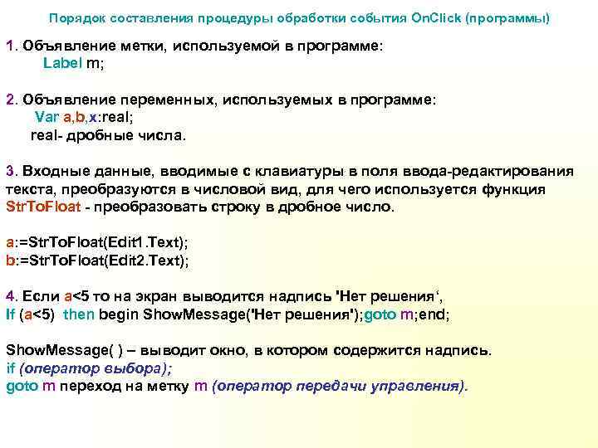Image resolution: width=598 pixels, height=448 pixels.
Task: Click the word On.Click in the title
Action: (429, 17)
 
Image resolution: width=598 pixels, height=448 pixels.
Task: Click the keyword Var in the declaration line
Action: (46, 116)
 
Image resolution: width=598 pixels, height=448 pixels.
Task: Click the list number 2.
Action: (10, 100)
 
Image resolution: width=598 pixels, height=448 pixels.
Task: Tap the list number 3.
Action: (10, 172)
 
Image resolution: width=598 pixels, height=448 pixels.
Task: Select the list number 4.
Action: (10, 296)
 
